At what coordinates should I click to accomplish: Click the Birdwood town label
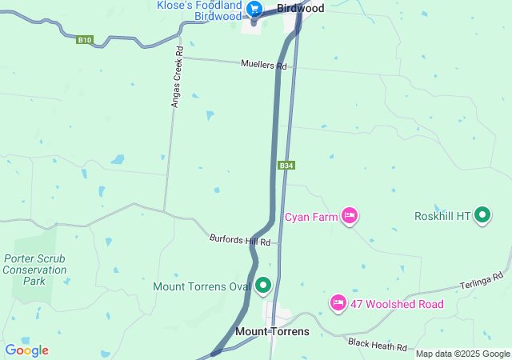[x=300, y=8]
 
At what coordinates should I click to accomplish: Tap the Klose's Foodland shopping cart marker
[x=254, y=10]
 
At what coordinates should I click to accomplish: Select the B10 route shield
[x=85, y=39]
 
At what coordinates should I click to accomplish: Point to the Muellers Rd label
[x=263, y=65]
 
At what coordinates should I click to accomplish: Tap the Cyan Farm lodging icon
[x=349, y=215]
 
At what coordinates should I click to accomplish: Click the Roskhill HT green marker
[x=482, y=215]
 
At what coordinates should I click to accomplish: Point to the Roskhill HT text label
[x=442, y=217]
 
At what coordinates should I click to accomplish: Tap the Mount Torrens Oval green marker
[x=263, y=286]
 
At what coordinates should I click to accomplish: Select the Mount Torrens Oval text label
[x=202, y=286]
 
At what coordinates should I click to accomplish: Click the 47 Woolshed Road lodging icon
[x=338, y=302]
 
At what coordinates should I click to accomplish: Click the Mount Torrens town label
[x=272, y=331]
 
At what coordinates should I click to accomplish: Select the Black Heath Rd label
[x=378, y=344]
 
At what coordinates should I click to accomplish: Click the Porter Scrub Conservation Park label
[x=34, y=270]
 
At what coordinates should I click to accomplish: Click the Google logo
[x=26, y=350]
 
